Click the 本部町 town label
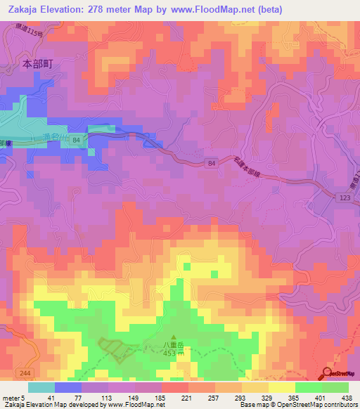click(x=38, y=63)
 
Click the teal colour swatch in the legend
click(x=41, y=387)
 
